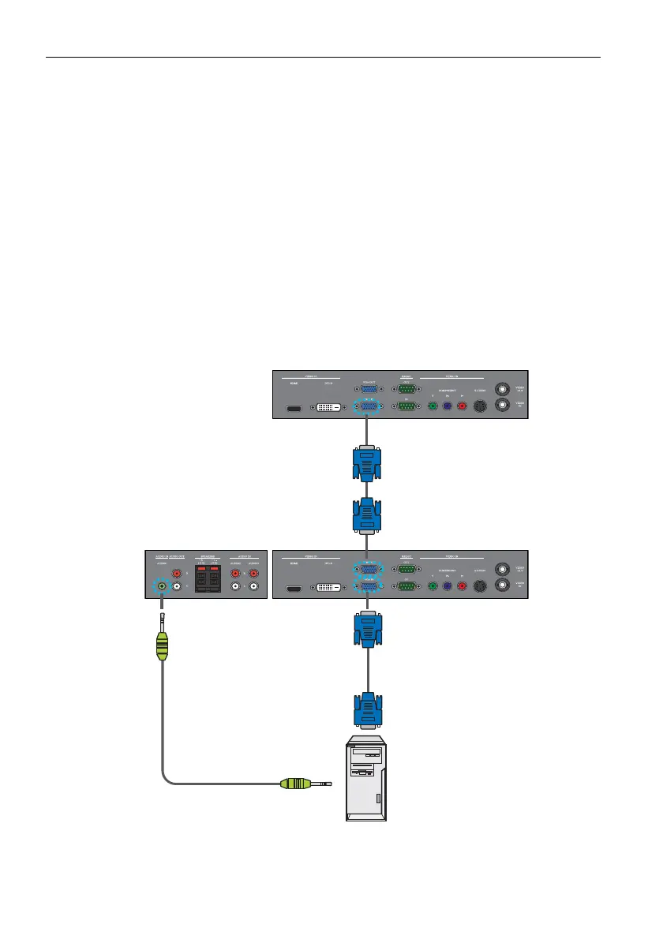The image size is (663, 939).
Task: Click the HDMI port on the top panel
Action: click(292, 409)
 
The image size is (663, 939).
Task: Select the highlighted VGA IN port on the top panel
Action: click(368, 407)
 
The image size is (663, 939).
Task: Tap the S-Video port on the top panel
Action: click(481, 407)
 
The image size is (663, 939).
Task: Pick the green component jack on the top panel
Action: click(432, 407)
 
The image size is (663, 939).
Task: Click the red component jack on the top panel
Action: click(463, 407)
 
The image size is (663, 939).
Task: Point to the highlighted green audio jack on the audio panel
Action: click(162, 586)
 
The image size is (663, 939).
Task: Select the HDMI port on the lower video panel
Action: click(292, 588)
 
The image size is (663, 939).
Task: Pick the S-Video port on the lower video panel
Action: click(481, 586)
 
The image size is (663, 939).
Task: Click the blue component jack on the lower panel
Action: click(447, 586)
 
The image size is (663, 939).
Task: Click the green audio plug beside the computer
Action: click(298, 784)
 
